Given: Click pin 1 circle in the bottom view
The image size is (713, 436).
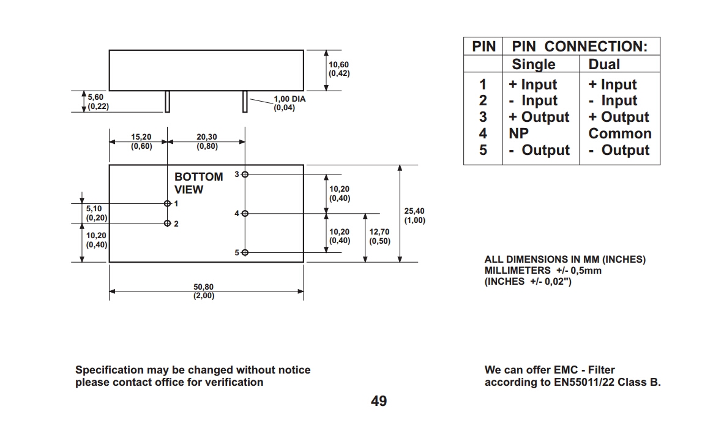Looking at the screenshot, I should (x=167, y=203).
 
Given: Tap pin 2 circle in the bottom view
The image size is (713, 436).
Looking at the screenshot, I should (x=167, y=224).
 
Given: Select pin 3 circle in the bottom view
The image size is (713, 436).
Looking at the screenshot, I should (x=245, y=175).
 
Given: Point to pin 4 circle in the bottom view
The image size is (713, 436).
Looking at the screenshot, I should (x=245, y=214).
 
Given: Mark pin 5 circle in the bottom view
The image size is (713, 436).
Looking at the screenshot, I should (x=245, y=252).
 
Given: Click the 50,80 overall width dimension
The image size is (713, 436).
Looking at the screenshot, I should (x=204, y=291).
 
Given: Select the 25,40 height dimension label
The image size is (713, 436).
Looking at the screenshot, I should (x=414, y=216).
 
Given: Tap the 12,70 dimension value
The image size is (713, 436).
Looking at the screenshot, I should (x=379, y=236).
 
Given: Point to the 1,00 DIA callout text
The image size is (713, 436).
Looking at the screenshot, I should (x=289, y=103).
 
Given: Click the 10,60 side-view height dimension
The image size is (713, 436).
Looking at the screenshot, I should (x=339, y=69).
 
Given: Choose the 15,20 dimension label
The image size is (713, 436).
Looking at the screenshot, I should (x=141, y=141).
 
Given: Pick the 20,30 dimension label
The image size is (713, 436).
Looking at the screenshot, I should (x=207, y=141).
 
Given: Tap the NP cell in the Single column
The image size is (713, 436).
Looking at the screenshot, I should (x=518, y=133).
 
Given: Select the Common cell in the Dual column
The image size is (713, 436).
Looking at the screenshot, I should (x=619, y=133).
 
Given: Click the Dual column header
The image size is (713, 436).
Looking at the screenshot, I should (x=604, y=64).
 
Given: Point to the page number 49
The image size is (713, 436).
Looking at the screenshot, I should (x=379, y=401).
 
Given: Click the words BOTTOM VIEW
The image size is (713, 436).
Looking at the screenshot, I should (x=198, y=183).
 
